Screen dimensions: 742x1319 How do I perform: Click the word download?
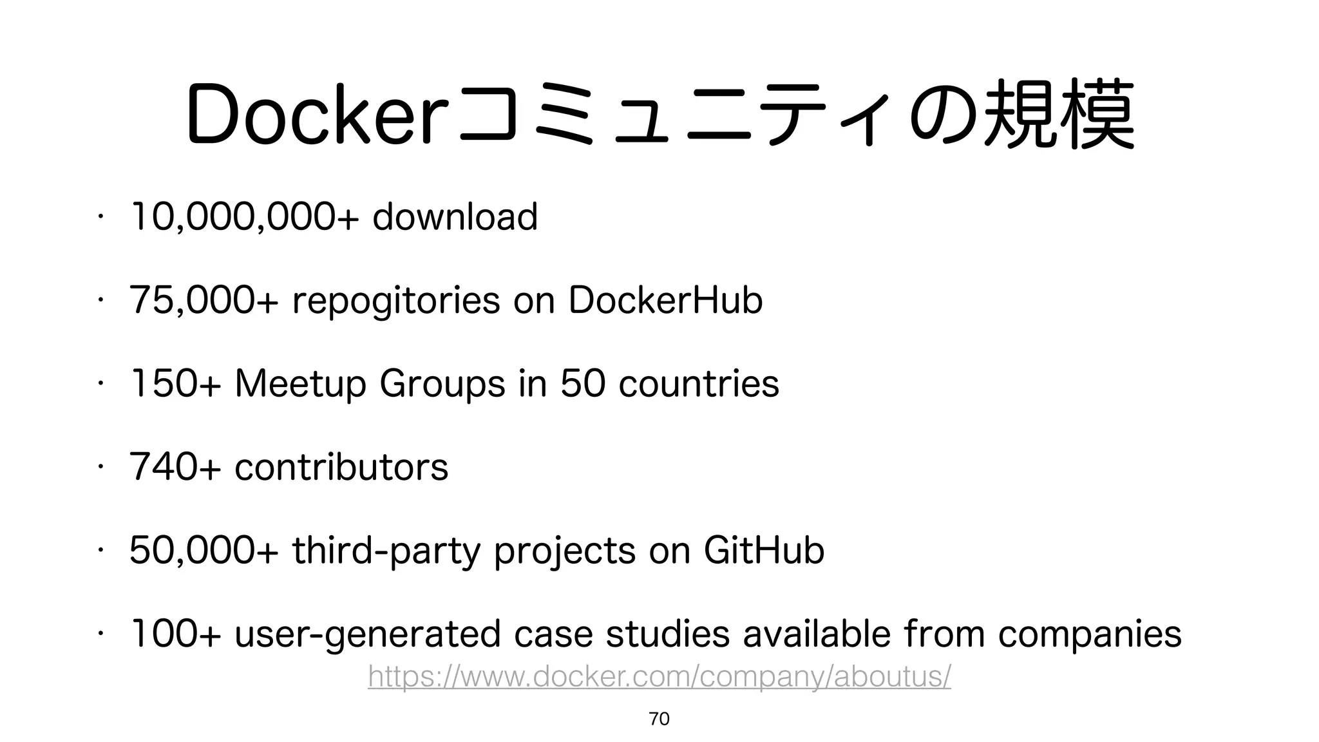tap(455, 217)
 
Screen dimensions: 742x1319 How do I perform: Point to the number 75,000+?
tap(204, 301)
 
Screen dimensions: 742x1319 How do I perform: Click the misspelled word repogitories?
tap(396, 301)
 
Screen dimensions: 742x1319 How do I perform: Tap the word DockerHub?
tap(665, 301)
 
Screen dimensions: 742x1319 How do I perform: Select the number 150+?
tap(175, 384)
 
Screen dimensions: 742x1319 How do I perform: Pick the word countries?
tap(699, 384)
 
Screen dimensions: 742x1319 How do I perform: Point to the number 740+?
tap(175, 467)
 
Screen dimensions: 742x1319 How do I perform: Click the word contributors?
tap(341, 467)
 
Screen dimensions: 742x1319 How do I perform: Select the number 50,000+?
tap(204, 551)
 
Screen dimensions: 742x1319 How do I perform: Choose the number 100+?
tap(175, 634)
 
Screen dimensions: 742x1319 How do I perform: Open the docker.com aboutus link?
tap(659, 677)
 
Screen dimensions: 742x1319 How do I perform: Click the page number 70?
tap(659, 719)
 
